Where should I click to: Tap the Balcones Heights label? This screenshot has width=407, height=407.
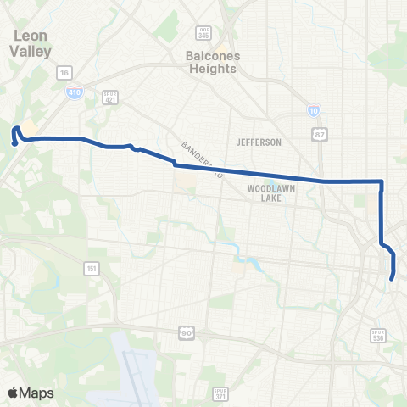coord(211,60)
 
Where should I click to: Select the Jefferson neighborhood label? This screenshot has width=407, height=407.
coord(259,142)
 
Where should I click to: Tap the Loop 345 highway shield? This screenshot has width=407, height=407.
coord(203,33)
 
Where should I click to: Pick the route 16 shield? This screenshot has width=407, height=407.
coord(64,73)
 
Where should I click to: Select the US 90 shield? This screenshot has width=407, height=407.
coord(185,334)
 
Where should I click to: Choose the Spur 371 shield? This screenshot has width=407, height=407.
coord(220,393)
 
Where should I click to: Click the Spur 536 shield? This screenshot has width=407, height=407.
coord(378,336)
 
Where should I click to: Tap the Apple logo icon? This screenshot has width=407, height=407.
coord(14,393)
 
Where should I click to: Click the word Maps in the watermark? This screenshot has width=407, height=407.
coord(37,393)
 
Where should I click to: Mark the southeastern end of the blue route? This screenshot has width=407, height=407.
coord(392,278)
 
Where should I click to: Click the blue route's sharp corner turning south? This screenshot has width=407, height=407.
coord(382,181)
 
